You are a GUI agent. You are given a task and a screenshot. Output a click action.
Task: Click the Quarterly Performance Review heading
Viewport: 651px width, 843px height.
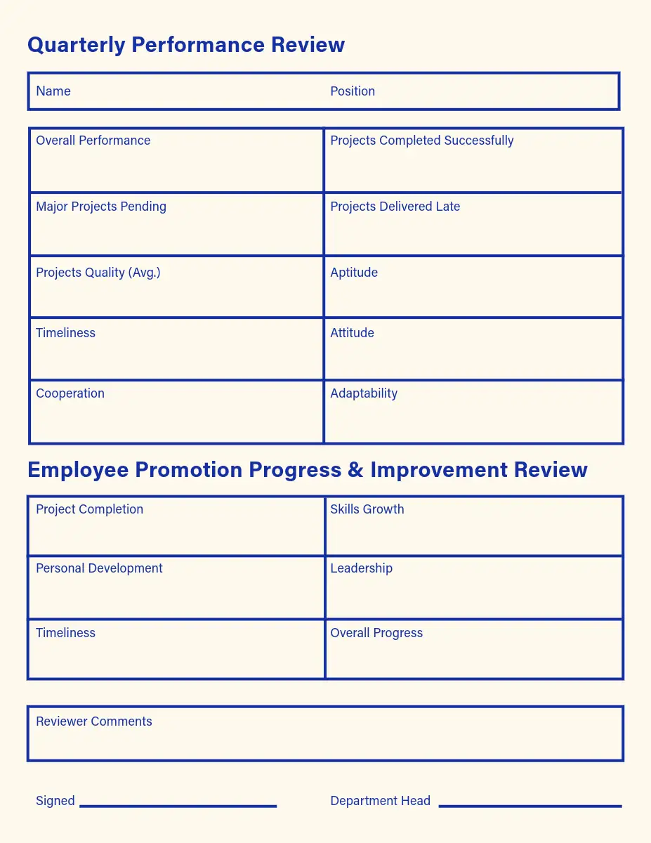click(186, 45)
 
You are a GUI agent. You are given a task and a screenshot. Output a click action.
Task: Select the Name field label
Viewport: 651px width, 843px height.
click(53, 91)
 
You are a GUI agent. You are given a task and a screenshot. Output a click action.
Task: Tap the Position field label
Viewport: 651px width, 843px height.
click(353, 91)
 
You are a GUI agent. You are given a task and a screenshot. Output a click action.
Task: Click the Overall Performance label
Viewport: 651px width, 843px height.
click(93, 140)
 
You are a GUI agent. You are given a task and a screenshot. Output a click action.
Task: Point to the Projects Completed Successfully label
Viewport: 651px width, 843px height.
click(421, 140)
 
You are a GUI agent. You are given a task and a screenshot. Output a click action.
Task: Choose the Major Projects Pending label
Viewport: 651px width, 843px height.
click(101, 207)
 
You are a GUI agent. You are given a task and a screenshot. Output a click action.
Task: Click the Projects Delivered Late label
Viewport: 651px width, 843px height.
click(395, 207)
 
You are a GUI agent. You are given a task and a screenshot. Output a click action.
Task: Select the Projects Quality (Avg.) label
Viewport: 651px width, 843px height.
click(98, 273)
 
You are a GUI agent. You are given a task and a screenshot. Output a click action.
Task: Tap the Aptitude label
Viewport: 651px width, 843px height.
click(354, 273)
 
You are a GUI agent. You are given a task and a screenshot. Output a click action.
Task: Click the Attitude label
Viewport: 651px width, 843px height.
click(352, 333)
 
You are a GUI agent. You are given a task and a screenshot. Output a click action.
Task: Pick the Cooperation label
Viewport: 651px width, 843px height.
click(70, 393)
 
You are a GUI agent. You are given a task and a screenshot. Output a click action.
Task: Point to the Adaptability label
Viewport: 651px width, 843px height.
click(364, 393)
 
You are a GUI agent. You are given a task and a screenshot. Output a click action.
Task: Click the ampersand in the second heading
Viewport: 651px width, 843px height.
click(355, 470)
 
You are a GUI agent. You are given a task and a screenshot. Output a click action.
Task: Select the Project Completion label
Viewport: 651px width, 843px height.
click(89, 509)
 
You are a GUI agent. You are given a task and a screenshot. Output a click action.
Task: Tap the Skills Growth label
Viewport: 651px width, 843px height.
click(367, 509)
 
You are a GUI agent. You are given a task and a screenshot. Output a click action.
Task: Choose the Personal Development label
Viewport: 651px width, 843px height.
click(99, 568)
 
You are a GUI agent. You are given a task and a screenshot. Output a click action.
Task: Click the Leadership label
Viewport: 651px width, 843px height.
click(361, 568)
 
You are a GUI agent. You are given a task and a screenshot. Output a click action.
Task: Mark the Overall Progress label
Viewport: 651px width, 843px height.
click(376, 633)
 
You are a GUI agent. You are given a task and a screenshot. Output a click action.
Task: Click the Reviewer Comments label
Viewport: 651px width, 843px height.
click(94, 721)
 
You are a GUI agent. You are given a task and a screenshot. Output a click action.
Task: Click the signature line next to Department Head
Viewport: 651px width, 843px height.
click(530, 806)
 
